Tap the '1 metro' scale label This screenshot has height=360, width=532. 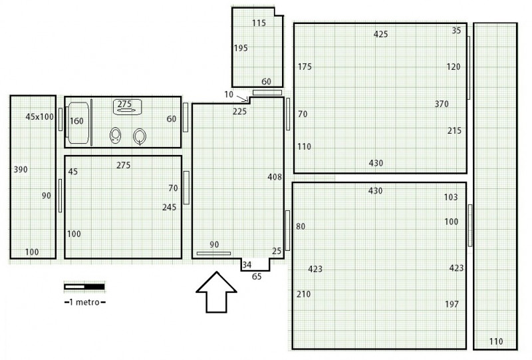pos(85,302)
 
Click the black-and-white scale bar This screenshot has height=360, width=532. pos(84,287)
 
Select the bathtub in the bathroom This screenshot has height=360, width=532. pos(78,122)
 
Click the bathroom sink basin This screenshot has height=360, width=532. pos(127,106)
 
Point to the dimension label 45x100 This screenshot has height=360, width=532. pos(40,117)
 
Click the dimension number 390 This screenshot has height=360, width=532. pos(21,170)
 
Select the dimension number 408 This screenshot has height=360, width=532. pos(275,177)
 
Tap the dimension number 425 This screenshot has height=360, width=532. pos(380,35)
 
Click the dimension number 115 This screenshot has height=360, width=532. pos(259,23)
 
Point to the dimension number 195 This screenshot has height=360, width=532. pos(241,48)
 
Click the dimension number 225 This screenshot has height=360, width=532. pos(239,111)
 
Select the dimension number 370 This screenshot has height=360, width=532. pos(442,104)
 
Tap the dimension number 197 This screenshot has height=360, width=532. pos(452,304)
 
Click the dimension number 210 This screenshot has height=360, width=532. pos(304,294)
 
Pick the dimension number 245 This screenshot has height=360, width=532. pos(170,207)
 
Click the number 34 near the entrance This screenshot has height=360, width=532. pos(247,265)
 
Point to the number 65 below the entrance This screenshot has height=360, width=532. pos(257,276)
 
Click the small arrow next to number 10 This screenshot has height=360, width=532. pos(242,98)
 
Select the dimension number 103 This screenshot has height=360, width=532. pos(451,197)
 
